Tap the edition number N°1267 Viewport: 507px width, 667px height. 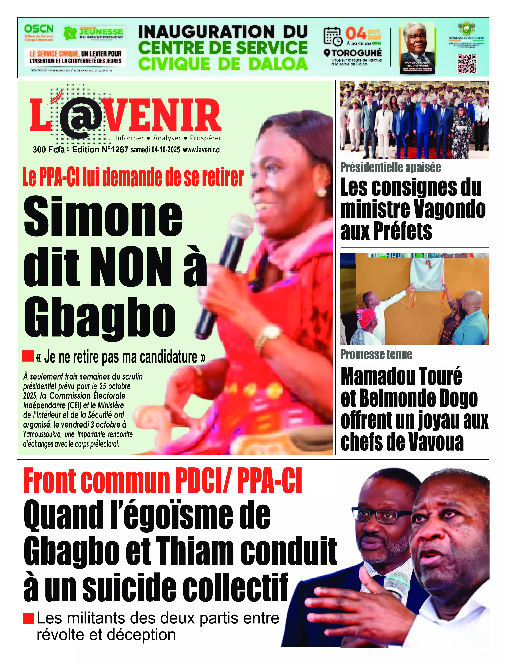point(115,150)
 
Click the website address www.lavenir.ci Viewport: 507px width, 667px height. point(202,150)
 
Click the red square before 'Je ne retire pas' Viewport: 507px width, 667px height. point(28,356)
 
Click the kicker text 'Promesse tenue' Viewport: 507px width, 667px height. point(376,355)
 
